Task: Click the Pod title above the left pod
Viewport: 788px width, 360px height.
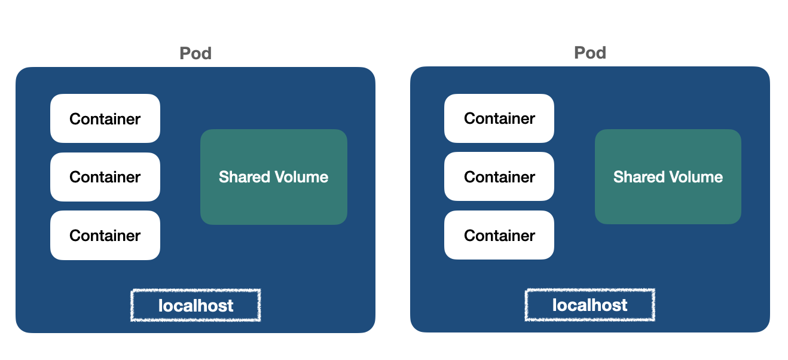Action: click(196, 53)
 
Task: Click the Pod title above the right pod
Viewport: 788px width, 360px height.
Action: click(590, 53)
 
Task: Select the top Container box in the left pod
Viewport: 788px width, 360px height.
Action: click(105, 118)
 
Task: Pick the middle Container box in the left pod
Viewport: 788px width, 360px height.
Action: click(105, 177)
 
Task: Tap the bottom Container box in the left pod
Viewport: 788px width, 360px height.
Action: click(105, 236)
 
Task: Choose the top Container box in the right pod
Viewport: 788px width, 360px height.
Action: click(499, 118)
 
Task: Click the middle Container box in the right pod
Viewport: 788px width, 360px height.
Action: click(499, 177)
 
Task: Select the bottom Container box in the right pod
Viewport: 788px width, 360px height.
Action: click(499, 235)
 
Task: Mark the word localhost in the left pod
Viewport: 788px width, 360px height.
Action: click(196, 306)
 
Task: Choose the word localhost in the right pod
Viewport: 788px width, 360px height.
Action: click(590, 305)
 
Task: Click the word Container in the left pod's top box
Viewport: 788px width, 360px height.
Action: click(105, 119)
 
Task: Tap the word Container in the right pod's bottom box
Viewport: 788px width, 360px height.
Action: click(499, 236)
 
